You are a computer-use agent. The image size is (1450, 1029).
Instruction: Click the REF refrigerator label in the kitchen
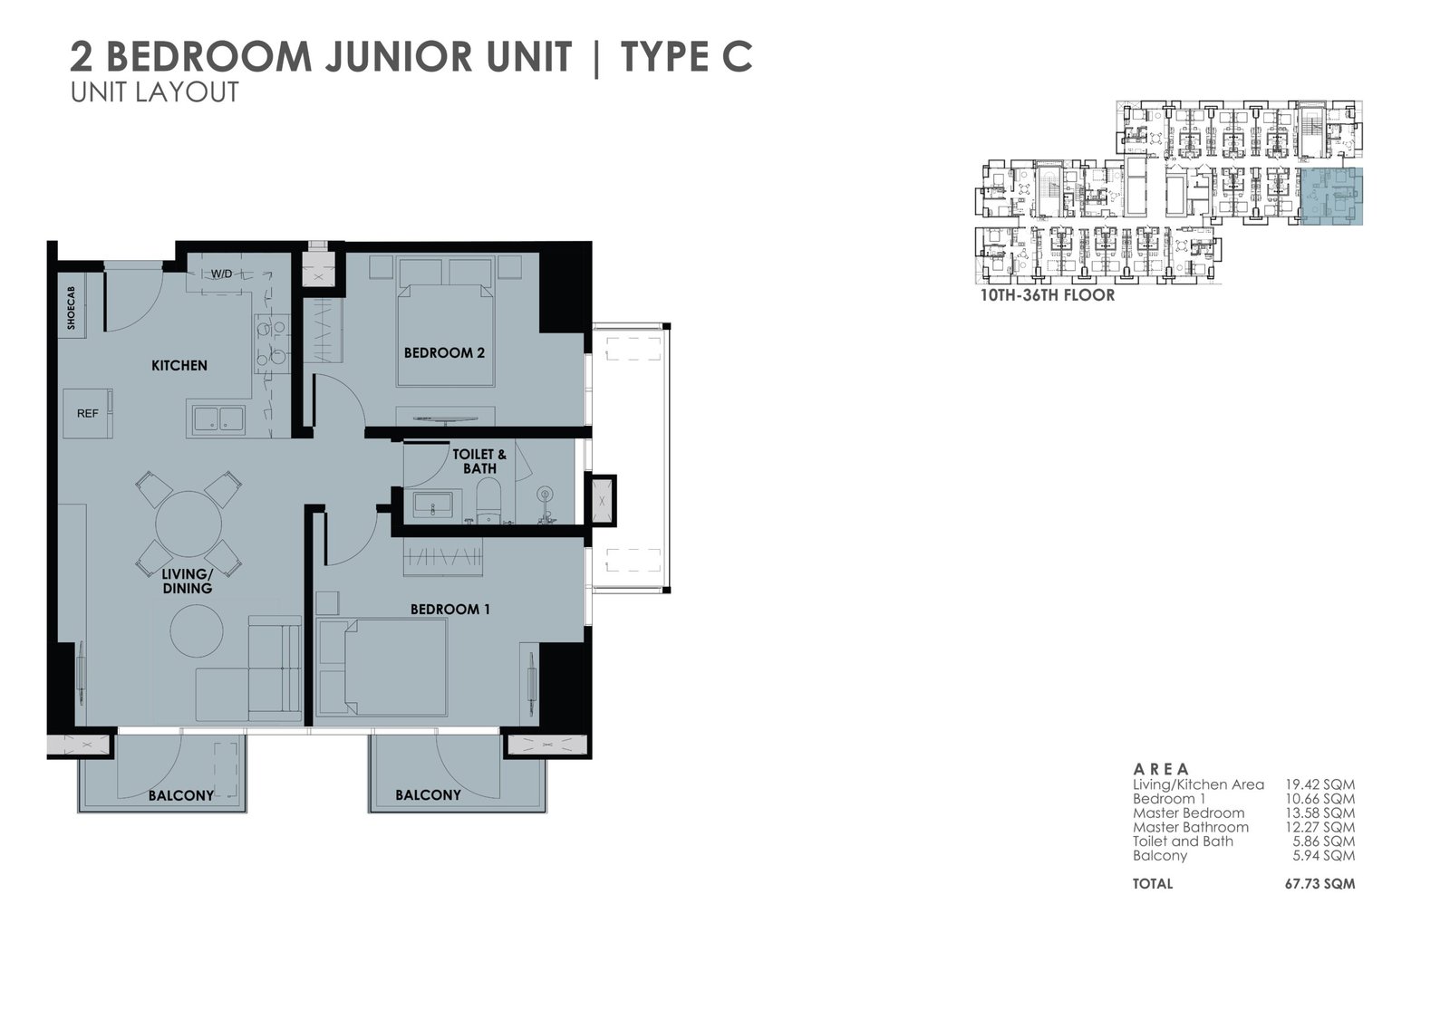click(x=87, y=414)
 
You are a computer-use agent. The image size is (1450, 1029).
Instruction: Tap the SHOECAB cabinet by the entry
click(x=72, y=309)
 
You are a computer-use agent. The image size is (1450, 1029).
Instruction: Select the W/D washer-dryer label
click(x=221, y=274)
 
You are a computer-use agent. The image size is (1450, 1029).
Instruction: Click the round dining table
click(x=188, y=524)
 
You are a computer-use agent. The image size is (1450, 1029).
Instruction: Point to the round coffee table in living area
click(x=197, y=631)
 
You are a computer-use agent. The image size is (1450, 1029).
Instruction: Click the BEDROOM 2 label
click(x=444, y=353)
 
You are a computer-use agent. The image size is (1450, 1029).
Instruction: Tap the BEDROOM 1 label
click(x=449, y=610)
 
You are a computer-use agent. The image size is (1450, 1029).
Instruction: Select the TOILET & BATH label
click(x=479, y=461)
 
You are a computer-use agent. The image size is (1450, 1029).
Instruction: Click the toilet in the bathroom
click(x=488, y=499)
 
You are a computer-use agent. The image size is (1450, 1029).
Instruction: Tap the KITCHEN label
click(x=179, y=366)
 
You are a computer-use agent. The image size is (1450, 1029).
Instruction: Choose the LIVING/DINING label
click(x=187, y=582)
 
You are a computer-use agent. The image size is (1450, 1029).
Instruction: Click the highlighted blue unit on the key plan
click(x=1331, y=196)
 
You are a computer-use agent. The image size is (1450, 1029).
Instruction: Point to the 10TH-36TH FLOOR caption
click(x=1048, y=296)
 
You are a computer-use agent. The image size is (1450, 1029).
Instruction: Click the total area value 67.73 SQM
click(x=1319, y=884)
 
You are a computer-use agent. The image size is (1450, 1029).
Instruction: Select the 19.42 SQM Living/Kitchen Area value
click(x=1319, y=785)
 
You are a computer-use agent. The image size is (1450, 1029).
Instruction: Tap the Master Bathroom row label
click(x=1191, y=827)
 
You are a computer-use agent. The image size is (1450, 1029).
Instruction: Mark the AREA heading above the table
click(x=1161, y=769)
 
